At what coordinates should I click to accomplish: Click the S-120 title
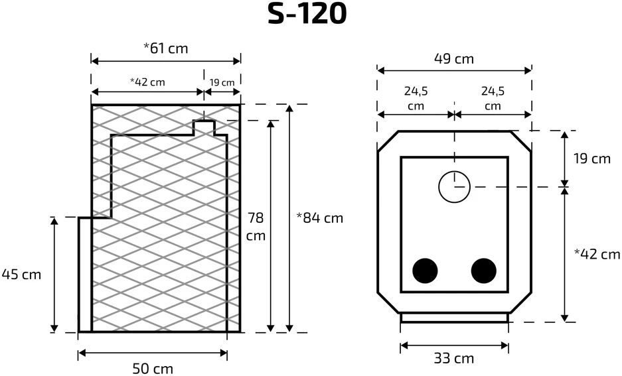(x=307, y=13)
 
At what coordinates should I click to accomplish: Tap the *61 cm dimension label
(x=165, y=48)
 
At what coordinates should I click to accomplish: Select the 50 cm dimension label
(x=152, y=369)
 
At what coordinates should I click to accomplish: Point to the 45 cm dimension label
(x=21, y=274)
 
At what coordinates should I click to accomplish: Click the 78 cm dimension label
(x=256, y=227)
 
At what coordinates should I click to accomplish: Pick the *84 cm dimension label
(x=320, y=218)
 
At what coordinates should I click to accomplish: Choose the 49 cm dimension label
(x=453, y=58)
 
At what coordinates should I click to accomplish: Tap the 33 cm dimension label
(x=453, y=359)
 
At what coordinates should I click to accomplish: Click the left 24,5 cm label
(x=416, y=98)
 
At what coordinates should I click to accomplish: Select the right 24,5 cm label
(x=493, y=98)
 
